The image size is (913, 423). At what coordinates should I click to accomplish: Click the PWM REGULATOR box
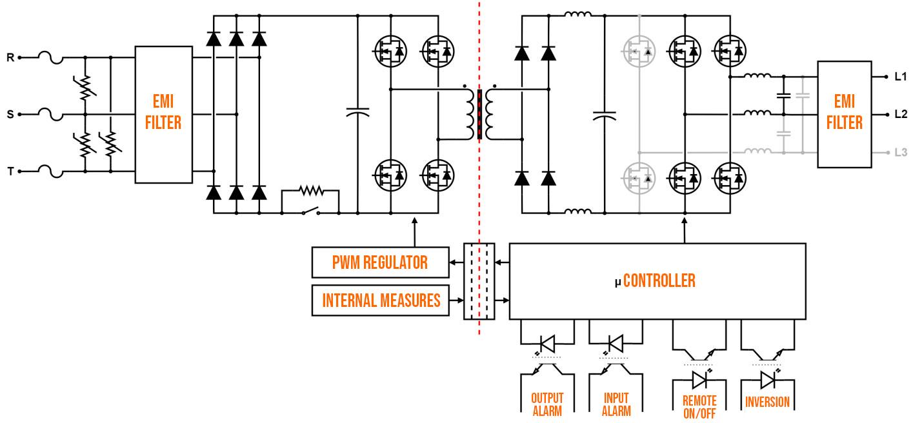point(379,262)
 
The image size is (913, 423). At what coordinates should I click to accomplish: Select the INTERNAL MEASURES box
point(381,300)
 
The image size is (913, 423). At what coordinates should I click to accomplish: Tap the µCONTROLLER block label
point(655,280)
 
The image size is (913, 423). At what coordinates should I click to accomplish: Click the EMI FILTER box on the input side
point(163,113)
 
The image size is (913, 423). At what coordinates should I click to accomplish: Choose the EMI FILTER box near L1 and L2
point(845,113)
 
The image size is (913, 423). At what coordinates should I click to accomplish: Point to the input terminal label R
point(10,57)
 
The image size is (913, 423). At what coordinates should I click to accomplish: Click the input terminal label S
point(10,115)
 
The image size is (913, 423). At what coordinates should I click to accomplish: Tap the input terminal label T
point(10,172)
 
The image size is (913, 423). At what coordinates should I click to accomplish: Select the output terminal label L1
point(901,77)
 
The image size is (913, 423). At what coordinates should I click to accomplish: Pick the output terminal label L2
point(901,114)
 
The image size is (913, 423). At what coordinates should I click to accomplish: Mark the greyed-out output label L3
point(901,153)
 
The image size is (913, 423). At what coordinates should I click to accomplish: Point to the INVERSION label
point(767,402)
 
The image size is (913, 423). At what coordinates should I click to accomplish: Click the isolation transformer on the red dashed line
point(479,114)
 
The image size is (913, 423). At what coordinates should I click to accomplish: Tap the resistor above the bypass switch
point(310,191)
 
